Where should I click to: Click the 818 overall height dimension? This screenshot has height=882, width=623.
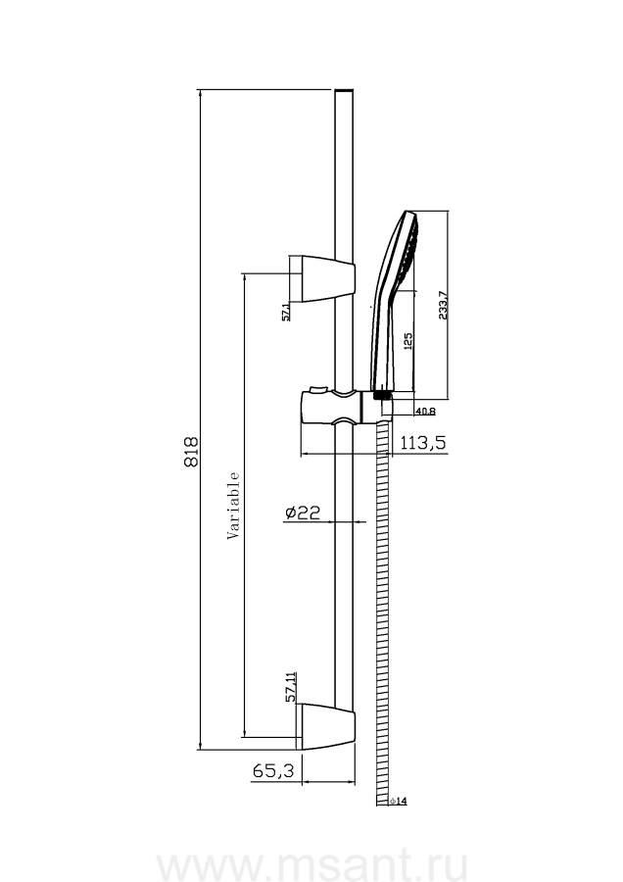pos(191,452)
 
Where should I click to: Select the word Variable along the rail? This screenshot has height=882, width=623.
pos(234,506)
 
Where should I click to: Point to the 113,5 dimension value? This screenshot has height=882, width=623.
pos(423,442)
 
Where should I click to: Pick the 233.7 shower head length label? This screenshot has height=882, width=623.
pos(443,305)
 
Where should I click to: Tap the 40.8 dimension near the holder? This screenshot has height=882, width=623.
pos(424,412)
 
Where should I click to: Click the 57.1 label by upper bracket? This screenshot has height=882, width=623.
pos(285,313)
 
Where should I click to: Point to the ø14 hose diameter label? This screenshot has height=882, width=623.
pos(398,802)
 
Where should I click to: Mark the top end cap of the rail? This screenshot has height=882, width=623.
pos(344,92)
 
